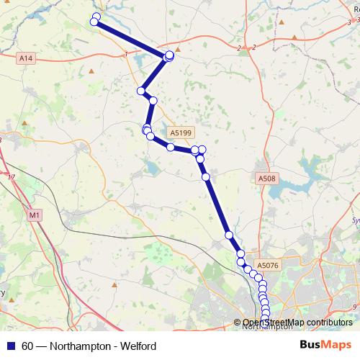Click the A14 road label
27,57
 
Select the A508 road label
266,178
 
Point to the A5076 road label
267,265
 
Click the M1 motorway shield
35,215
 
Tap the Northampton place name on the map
268,326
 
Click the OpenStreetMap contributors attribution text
299,323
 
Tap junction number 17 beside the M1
11,176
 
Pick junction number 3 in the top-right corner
348,23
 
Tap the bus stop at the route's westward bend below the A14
142,91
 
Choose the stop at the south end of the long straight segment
228,235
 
